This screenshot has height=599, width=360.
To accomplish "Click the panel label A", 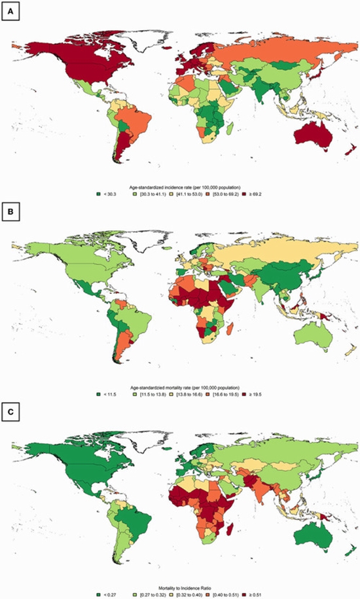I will point(11,12).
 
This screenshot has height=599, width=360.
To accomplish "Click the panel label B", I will point(11,212).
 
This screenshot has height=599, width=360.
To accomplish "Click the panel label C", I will point(11,413).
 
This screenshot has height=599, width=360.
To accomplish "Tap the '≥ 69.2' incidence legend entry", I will point(257,194).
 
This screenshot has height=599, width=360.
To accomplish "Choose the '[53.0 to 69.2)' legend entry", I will point(223,194).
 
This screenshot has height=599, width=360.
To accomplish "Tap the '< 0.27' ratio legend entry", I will point(106,594).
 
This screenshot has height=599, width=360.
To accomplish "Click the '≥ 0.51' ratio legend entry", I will point(257,594).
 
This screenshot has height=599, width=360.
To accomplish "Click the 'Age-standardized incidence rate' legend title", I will point(181,187).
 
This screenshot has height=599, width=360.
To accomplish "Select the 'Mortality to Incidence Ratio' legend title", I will point(181,586).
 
